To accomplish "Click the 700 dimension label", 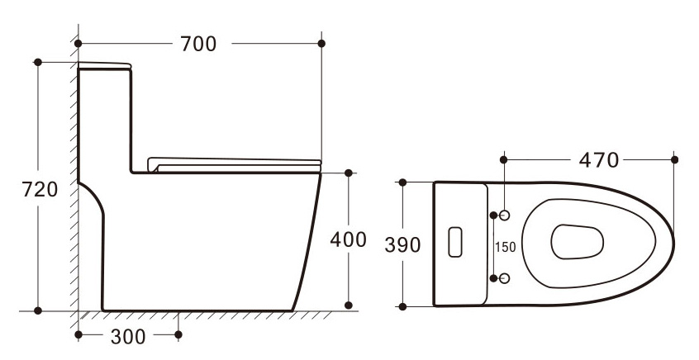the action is (198, 44).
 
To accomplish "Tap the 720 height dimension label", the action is (40, 189).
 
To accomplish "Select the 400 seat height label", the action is (348, 239).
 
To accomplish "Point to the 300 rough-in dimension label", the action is (128, 337).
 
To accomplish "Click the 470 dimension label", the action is (599, 160).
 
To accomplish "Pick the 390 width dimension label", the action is (402, 245).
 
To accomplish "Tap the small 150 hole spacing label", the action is (506, 247).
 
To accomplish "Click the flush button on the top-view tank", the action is (455, 242).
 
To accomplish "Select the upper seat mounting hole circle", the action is (504, 216).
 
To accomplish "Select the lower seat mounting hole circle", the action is (504, 278).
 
